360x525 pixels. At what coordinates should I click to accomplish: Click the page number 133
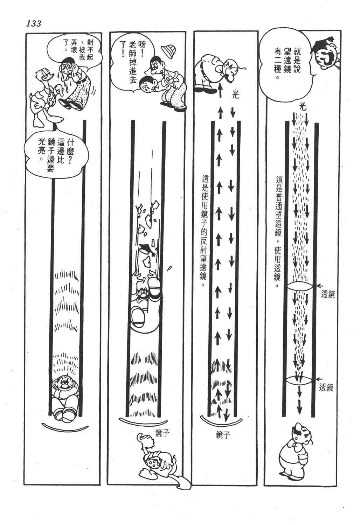click(x=34, y=24)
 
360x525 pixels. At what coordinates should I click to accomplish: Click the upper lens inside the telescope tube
click(x=300, y=286)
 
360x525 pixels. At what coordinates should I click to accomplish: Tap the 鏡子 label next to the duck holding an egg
click(x=162, y=433)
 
